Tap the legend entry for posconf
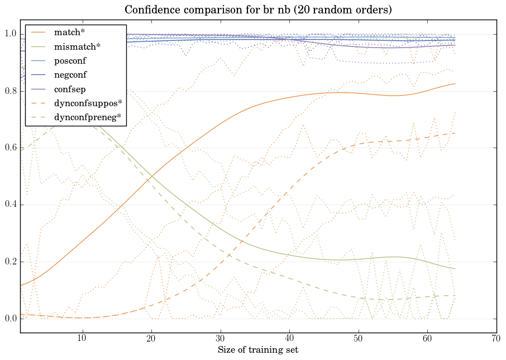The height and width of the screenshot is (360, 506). [70, 60]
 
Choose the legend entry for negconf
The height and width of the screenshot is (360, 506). [70, 74]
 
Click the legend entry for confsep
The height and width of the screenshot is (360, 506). [69, 88]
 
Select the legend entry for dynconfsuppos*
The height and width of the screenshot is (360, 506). [88, 103]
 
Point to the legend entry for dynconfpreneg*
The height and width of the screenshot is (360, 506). [88, 117]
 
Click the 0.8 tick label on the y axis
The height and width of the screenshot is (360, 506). [10, 91]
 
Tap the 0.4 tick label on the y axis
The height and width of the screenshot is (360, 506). [10, 205]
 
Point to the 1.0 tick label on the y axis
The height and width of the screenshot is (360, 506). [10, 34]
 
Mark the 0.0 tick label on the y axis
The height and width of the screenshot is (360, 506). [10, 319]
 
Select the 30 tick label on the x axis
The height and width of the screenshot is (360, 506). [220, 338]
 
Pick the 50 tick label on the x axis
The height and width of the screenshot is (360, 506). [358, 338]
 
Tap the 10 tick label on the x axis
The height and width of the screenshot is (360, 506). [82, 338]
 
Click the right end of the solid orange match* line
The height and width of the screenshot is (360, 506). [455, 84]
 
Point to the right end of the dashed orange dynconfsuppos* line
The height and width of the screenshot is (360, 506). [455, 133]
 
